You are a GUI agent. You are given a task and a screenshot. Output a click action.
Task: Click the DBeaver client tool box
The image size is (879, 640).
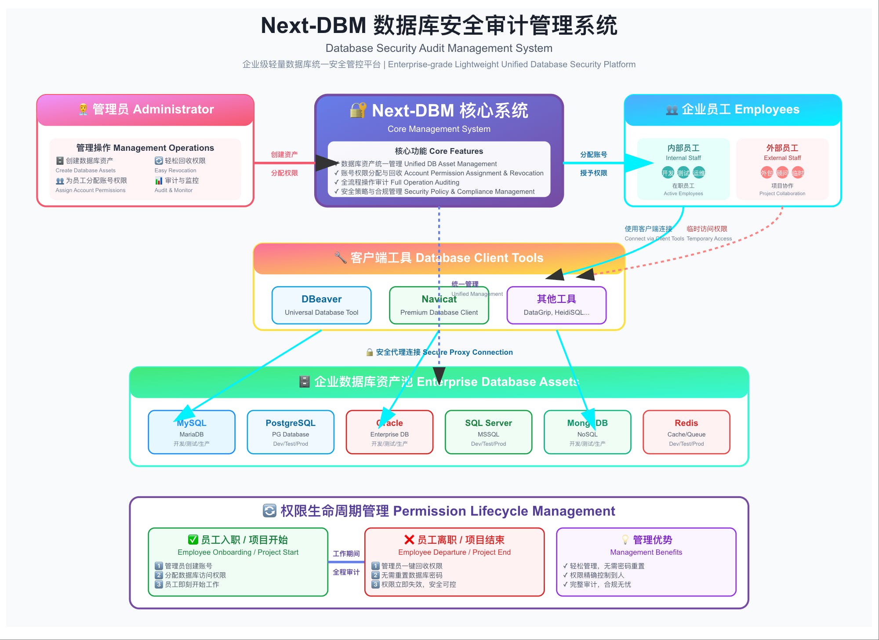click(321, 305)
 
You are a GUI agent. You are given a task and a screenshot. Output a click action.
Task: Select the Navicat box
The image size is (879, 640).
click(439, 305)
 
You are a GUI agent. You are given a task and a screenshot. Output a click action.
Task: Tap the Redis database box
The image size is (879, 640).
click(686, 432)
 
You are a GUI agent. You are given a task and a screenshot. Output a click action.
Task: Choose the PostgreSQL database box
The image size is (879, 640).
click(291, 432)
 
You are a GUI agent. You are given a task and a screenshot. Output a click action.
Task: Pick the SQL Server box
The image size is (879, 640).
click(488, 432)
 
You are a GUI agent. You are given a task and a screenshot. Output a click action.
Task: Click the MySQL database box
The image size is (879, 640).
click(192, 432)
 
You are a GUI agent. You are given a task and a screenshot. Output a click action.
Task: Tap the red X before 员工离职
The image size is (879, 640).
click(409, 539)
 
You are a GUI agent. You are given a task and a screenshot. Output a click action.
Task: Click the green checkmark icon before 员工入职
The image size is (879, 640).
click(193, 539)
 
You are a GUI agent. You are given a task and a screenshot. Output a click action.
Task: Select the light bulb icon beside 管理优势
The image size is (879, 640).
click(625, 539)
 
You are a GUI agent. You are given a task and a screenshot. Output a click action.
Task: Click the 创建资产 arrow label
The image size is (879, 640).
click(284, 154)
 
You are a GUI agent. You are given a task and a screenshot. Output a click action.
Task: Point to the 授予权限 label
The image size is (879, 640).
click(593, 173)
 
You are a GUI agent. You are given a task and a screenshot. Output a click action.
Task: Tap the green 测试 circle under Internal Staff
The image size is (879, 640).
click(683, 173)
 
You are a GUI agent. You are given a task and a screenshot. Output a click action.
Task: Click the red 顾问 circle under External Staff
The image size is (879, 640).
click(782, 173)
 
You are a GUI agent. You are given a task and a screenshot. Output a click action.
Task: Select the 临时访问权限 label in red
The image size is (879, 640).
click(707, 229)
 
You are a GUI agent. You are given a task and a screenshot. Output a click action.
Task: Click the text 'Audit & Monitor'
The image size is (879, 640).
click(174, 190)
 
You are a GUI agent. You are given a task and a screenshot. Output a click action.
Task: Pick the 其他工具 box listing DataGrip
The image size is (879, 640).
click(556, 305)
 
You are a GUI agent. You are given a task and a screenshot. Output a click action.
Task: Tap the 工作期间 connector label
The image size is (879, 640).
click(346, 553)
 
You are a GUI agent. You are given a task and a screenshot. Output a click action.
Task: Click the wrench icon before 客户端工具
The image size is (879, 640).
click(340, 258)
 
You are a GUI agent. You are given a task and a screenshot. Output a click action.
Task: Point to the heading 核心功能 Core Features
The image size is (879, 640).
click(439, 151)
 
